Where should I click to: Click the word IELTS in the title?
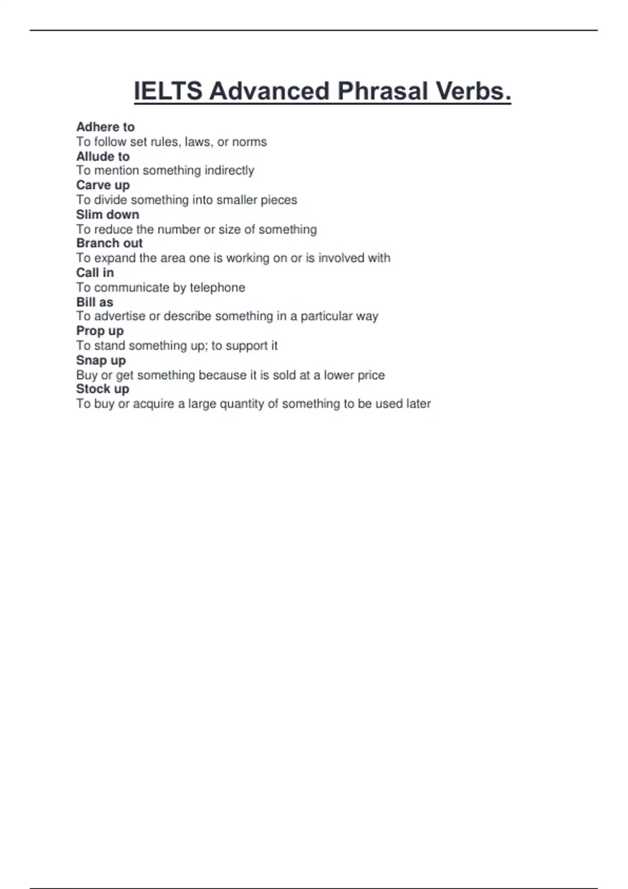(x=168, y=91)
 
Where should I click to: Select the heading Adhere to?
(x=105, y=127)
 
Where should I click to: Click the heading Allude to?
(x=103, y=156)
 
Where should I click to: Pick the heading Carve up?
(x=103, y=185)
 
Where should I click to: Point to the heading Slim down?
(x=107, y=214)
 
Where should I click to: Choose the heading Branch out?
(x=109, y=243)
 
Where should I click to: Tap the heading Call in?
(x=95, y=272)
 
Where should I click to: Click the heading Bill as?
(x=95, y=302)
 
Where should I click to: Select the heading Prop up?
(x=99, y=331)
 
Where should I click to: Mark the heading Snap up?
(x=100, y=360)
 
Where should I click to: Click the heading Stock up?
(x=103, y=389)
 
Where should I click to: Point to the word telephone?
(x=217, y=288)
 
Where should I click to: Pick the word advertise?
(x=119, y=316)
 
